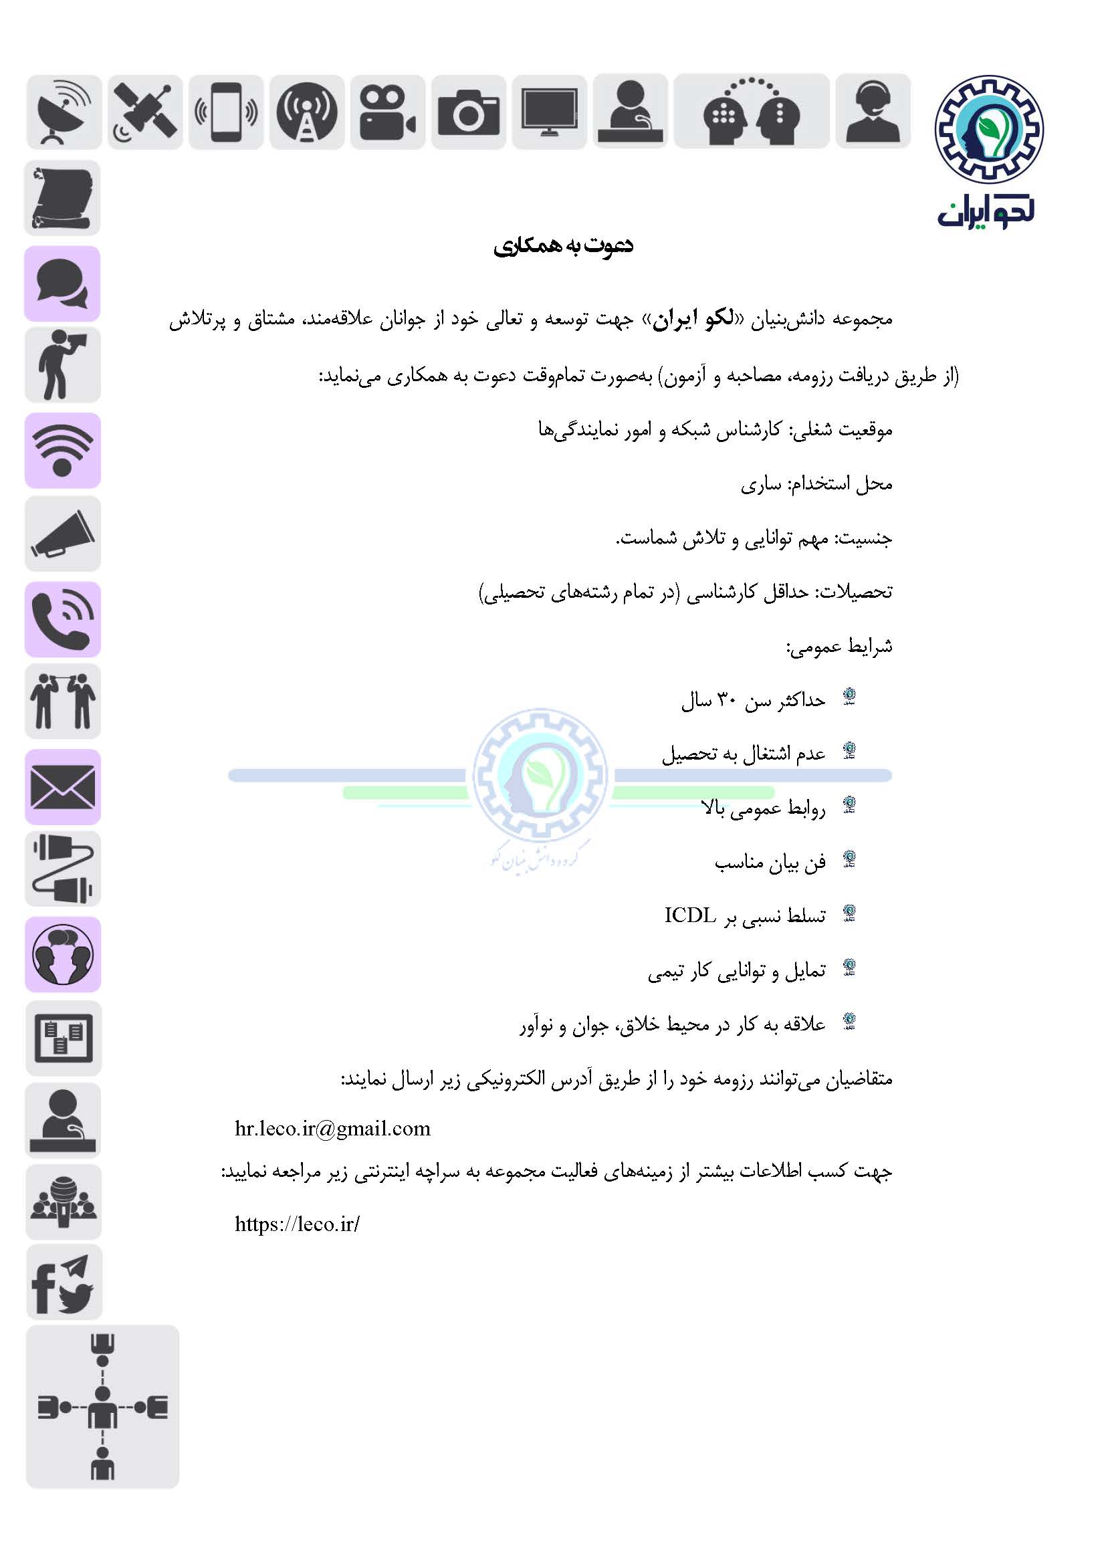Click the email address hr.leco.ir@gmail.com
tap(332, 1128)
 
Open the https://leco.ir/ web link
tap(297, 1224)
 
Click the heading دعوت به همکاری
tap(563, 245)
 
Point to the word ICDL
tap(690, 915)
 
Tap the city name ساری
tap(761, 484)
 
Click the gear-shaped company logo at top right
tap(988, 128)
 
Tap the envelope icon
tap(63, 787)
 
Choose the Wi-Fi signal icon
tap(63, 450)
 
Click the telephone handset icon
tap(63, 619)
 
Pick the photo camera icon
tap(469, 112)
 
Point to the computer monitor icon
tap(549, 112)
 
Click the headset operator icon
tap(873, 111)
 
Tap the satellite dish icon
tap(64, 112)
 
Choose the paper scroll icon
tap(62, 197)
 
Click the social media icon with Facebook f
tap(64, 1283)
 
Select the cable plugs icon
tap(63, 868)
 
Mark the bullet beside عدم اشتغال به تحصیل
tap(849, 751)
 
